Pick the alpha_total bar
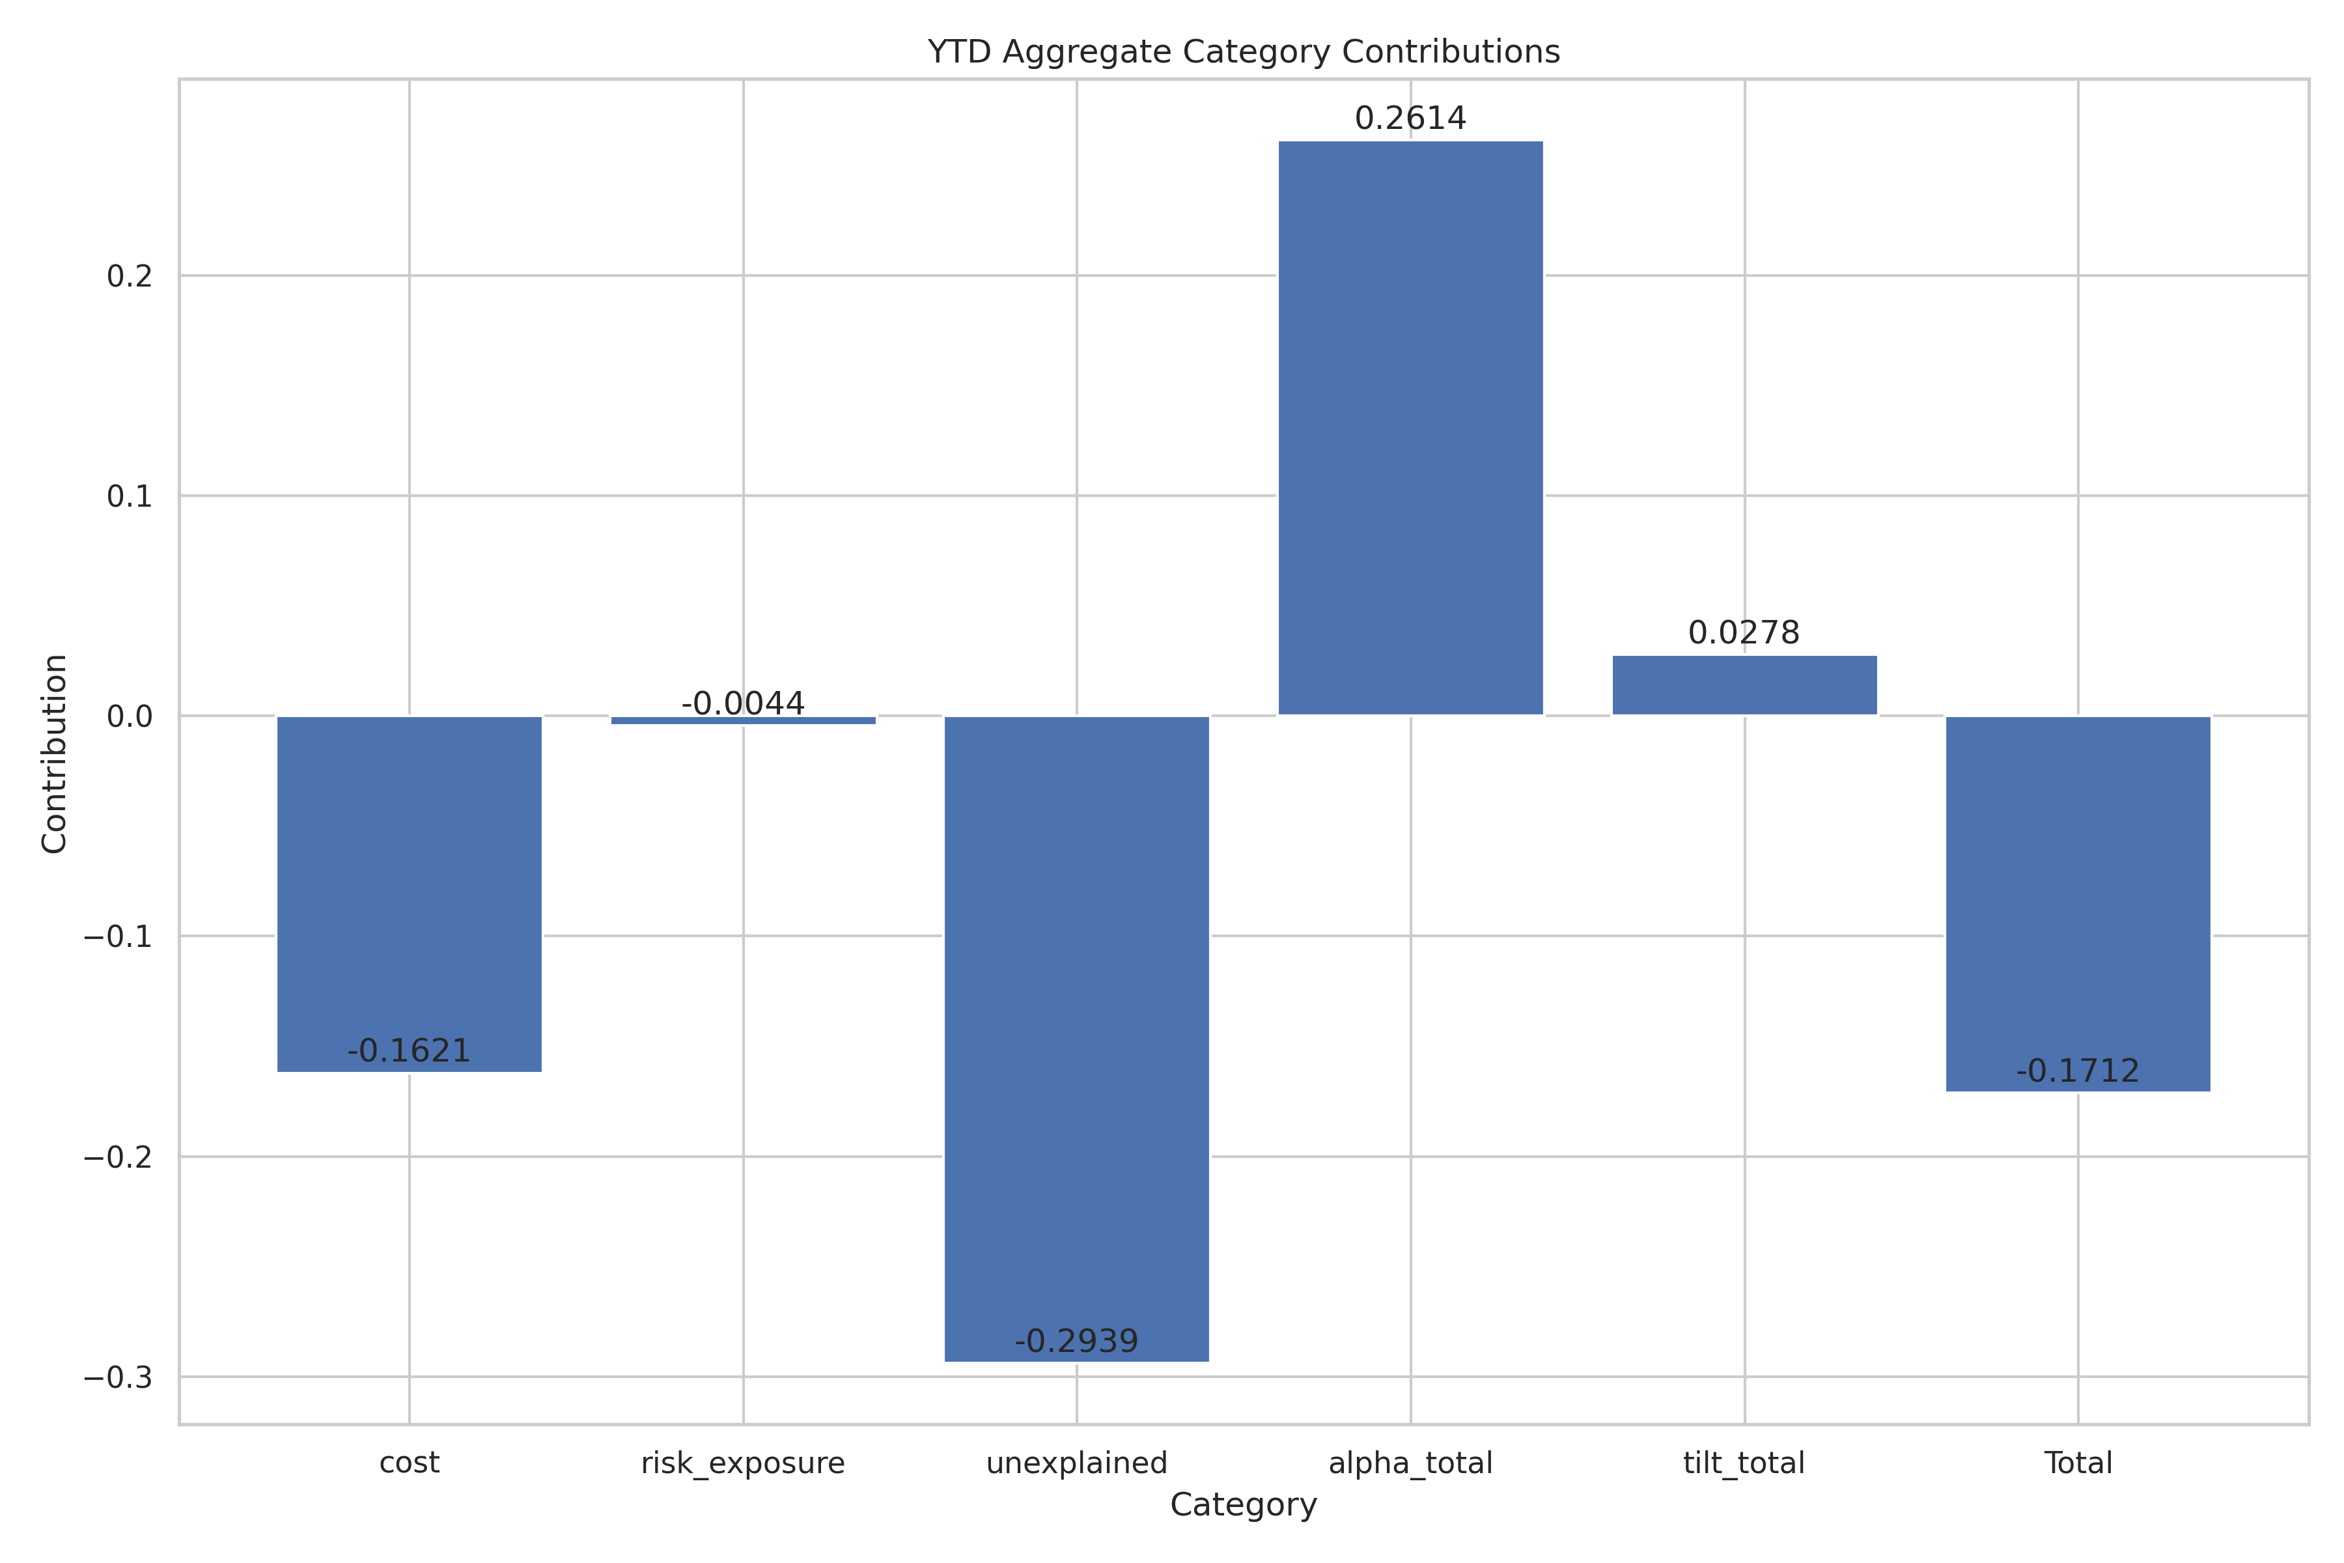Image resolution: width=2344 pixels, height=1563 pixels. (1410, 429)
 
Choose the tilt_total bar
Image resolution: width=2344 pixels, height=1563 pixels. (1744, 685)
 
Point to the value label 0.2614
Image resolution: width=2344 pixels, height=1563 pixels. (1410, 119)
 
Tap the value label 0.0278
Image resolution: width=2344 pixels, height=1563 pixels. (1744, 633)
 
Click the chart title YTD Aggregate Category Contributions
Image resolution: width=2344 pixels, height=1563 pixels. (1244, 52)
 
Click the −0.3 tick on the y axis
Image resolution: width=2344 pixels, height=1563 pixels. (119, 1377)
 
